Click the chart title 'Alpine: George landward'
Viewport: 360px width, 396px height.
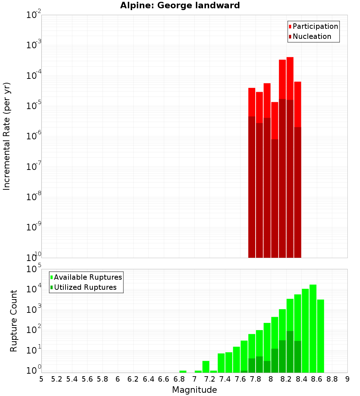(x=180, y=5)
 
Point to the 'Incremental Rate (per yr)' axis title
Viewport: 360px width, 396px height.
(x=7, y=136)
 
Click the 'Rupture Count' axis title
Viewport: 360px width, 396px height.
(x=14, y=321)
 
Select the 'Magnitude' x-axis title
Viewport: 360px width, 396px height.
(x=194, y=390)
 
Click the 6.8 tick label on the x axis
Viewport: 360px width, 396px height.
(x=179, y=379)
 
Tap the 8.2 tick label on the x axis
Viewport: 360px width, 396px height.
(x=286, y=379)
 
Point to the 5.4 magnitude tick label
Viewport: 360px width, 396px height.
(x=72, y=379)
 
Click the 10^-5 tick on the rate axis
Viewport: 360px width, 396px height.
(x=33, y=105)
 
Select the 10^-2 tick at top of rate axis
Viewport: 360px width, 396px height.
(x=33, y=15)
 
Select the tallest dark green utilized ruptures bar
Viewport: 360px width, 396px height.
(x=290, y=351)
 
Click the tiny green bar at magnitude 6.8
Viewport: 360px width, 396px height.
(x=183, y=372)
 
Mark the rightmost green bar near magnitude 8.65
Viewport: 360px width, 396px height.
(x=320, y=335)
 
